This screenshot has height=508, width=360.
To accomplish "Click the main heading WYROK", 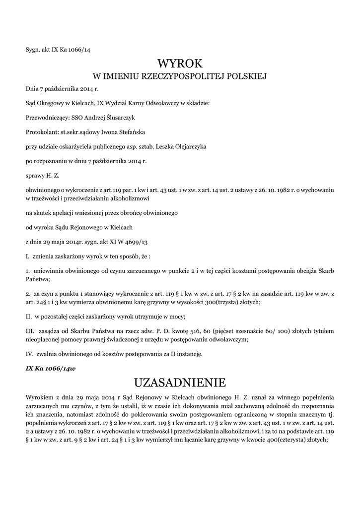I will click(x=180, y=63).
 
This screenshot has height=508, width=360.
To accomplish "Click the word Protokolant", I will click(x=41, y=132).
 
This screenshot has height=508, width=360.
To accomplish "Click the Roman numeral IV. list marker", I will click(x=29, y=354).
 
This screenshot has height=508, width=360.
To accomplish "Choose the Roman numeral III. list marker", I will click(x=30, y=331).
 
